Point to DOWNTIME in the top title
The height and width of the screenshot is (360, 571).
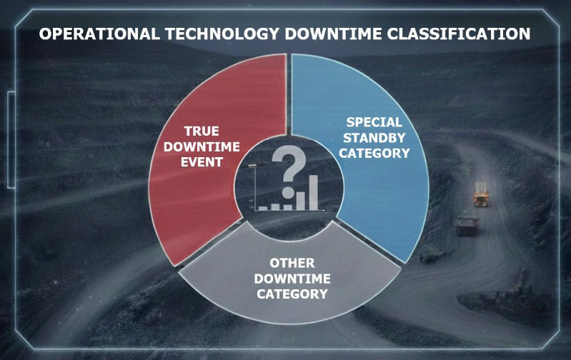329,34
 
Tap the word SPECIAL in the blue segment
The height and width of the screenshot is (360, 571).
374,122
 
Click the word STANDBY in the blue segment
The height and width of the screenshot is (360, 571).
374,137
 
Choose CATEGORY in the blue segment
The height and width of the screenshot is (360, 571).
374,152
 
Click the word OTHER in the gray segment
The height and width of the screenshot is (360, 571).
289,264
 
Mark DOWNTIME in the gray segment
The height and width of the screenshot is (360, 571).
289,279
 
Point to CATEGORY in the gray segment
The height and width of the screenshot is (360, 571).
289,294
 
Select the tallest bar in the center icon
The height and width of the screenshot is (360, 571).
312,191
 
